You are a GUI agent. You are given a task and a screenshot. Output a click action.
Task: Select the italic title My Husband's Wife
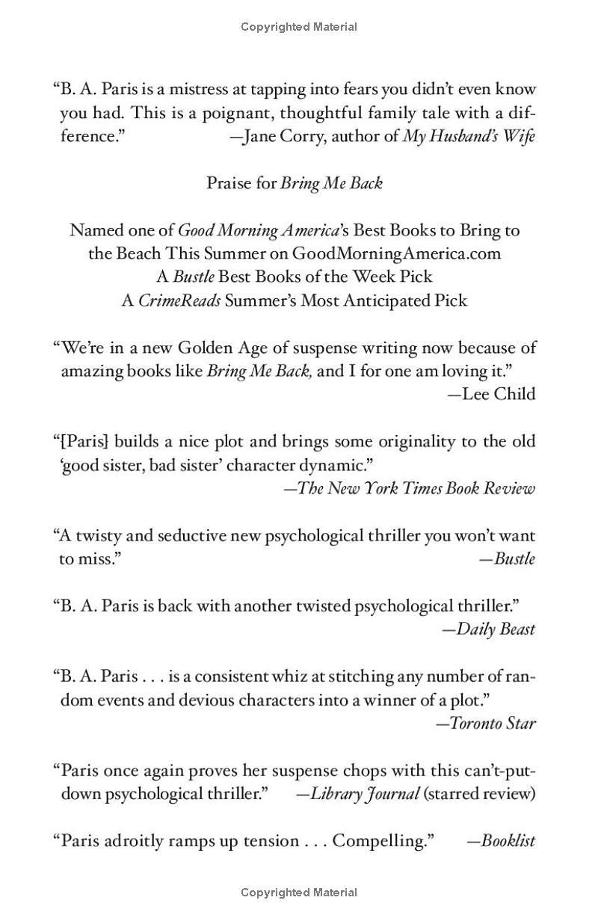(x=469, y=136)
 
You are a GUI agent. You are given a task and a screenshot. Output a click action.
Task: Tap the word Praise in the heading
(x=230, y=183)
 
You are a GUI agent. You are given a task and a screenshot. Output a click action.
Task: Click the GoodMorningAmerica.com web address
(x=396, y=253)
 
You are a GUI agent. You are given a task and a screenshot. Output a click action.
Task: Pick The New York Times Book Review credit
(x=416, y=488)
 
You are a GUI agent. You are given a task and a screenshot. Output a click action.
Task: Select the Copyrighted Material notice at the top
(x=299, y=27)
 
